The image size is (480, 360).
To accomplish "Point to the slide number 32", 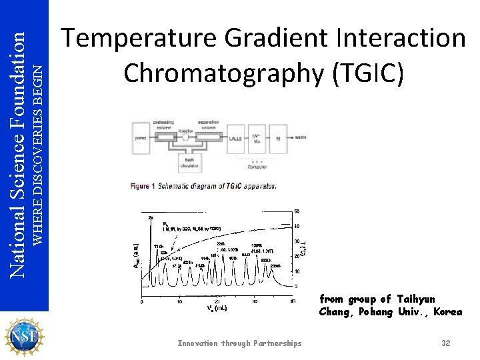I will point(446,343).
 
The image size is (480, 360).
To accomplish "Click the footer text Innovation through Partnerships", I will point(239,343).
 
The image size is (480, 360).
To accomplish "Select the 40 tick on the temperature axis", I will point(297,227).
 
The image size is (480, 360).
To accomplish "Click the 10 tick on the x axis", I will point(179,301).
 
